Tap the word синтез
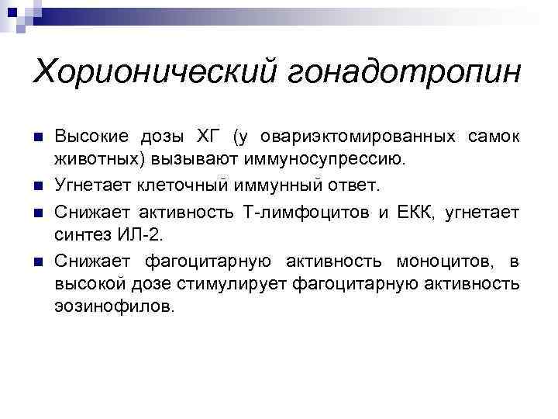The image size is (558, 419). tap(81, 235)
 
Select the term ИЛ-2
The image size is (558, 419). tap(143, 235)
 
